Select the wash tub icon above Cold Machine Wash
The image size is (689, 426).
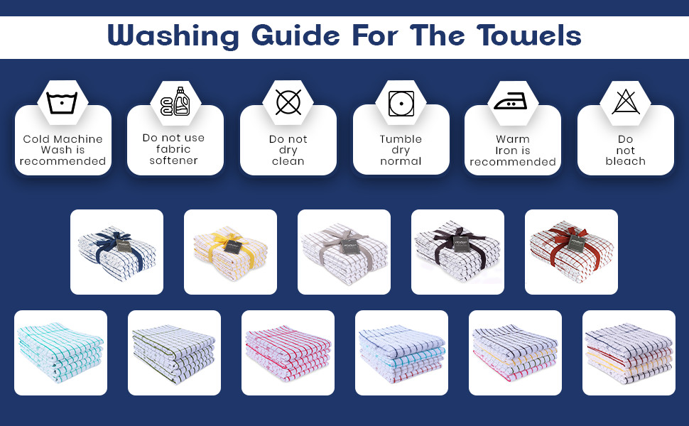62,102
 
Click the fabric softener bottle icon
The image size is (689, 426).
175,102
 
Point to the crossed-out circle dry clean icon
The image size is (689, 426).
288,102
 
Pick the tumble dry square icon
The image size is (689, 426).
401,104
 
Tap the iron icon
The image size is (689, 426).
510,102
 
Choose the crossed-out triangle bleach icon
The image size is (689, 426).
626,102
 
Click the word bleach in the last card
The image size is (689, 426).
625,161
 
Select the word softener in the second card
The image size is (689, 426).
173,160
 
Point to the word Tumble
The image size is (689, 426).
401,139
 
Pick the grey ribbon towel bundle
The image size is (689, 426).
344,252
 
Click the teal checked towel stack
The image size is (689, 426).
60,353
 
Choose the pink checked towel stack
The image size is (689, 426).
288,354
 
